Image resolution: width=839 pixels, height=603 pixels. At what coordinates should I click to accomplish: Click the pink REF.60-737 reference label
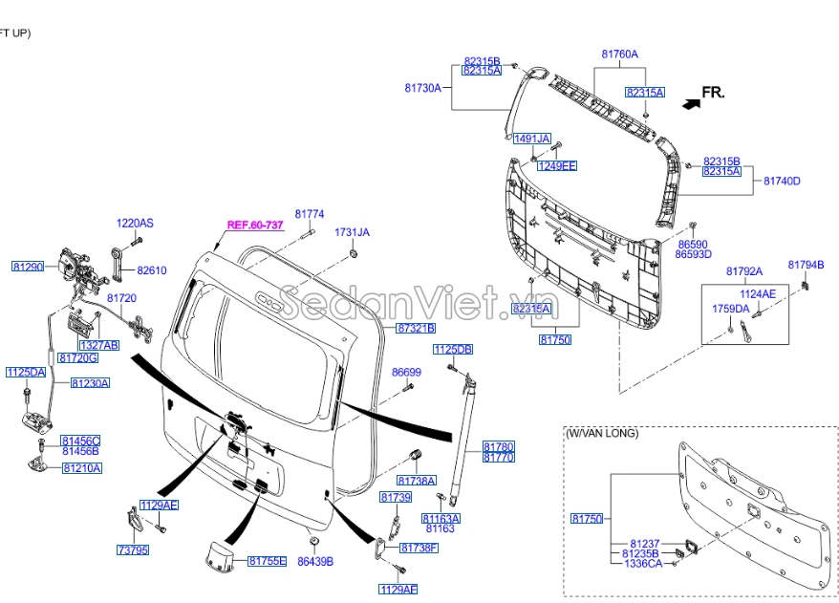tap(255, 226)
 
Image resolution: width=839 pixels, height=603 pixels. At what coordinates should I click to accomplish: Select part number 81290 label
tap(28, 267)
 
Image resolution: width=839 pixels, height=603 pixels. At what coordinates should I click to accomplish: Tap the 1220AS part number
tap(135, 223)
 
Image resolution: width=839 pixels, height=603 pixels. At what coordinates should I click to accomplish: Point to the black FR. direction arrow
tap(691, 104)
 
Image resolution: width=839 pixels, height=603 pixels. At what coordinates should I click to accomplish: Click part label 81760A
tap(619, 54)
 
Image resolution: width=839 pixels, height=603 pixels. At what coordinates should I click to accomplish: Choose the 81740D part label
tap(782, 181)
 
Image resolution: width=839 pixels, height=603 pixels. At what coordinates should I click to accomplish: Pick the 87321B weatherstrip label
tap(416, 328)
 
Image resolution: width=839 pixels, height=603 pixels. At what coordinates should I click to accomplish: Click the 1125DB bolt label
tap(453, 350)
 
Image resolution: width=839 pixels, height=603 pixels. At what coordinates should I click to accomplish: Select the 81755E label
tap(267, 561)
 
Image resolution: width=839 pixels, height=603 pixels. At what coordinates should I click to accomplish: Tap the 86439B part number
tap(315, 561)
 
